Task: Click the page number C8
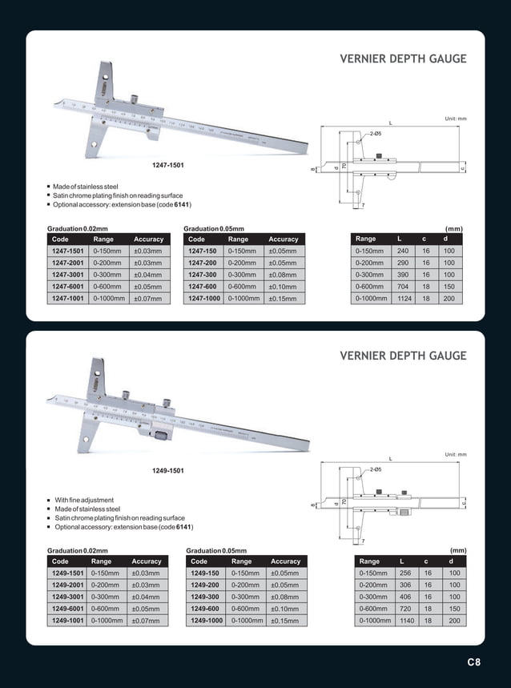click(473, 662)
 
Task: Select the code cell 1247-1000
click(203, 299)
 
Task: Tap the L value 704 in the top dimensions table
click(404, 286)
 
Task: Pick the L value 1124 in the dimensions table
click(404, 298)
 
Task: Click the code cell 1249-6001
click(69, 609)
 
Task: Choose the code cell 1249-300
click(205, 597)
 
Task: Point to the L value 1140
click(406, 621)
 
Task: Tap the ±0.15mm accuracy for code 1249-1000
click(284, 621)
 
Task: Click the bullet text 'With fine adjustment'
click(84, 500)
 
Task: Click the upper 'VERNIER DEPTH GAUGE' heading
click(403, 59)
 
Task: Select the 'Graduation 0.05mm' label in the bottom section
click(216, 550)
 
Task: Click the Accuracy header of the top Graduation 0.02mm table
click(148, 239)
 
